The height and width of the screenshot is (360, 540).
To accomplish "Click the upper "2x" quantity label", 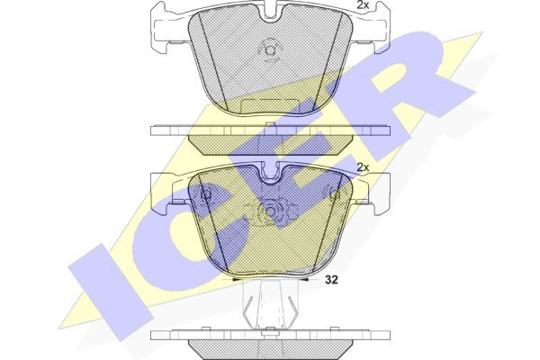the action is click(x=363, y=4).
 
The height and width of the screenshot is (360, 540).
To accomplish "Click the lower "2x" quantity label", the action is click(x=363, y=167).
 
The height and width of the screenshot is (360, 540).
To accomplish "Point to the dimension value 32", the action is click(x=331, y=280).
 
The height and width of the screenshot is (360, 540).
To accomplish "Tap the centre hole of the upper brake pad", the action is click(x=270, y=50).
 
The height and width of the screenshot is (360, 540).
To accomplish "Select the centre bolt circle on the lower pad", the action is click(x=270, y=211).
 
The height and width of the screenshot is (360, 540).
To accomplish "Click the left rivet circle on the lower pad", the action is click(x=206, y=194).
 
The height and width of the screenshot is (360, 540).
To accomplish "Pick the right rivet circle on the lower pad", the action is click(x=335, y=195).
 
